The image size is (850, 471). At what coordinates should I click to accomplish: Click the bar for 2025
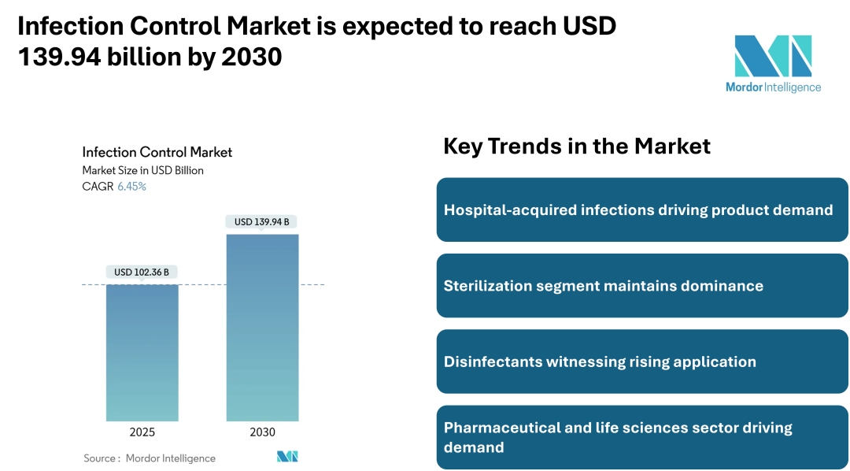coord(142,352)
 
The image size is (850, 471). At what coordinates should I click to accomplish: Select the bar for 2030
coord(262,327)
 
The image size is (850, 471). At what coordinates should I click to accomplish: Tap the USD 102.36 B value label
coord(142,273)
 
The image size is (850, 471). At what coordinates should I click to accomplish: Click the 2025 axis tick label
coord(142,432)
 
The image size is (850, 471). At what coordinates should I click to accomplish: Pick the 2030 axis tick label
coord(262,432)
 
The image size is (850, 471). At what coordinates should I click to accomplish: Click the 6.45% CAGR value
coord(131,187)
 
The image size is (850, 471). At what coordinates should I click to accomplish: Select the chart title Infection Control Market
coord(157,152)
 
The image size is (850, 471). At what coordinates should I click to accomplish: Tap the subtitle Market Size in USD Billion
coord(142,170)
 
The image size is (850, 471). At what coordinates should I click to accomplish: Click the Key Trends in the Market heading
coord(577,146)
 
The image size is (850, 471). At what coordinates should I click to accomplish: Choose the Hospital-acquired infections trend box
coord(642,210)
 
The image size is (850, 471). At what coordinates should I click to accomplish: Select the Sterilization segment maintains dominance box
coord(642,286)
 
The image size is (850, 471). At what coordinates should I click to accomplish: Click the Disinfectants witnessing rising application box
coord(642,362)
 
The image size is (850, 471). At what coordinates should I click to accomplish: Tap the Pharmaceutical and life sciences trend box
coord(642,437)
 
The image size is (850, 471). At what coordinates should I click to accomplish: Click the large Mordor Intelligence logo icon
coord(773,56)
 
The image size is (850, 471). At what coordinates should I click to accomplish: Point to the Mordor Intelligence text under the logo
coord(773,87)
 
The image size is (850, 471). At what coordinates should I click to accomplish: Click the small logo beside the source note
coord(287,457)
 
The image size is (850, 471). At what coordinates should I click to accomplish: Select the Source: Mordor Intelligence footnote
coord(150,458)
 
